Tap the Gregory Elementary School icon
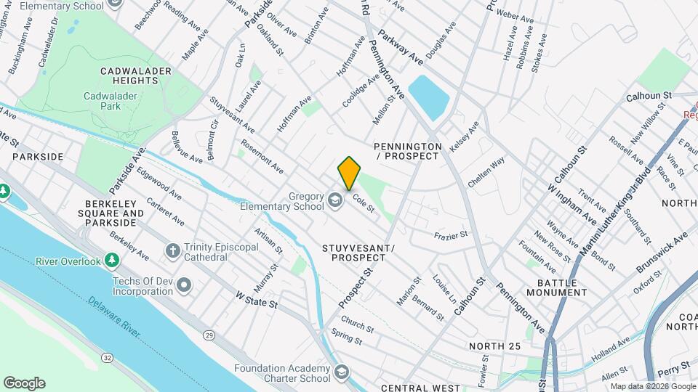[335, 200]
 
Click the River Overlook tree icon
[111, 260]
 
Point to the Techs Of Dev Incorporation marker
[184, 285]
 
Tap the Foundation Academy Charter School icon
[340, 373]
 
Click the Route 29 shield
[209, 335]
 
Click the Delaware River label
[113, 316]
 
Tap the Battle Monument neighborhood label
[562, 287]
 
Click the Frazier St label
[450, 235]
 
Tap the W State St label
[257, 300]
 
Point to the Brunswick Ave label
[661, 252]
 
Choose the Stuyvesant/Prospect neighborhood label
[358, 253]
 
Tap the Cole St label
[363, 202]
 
